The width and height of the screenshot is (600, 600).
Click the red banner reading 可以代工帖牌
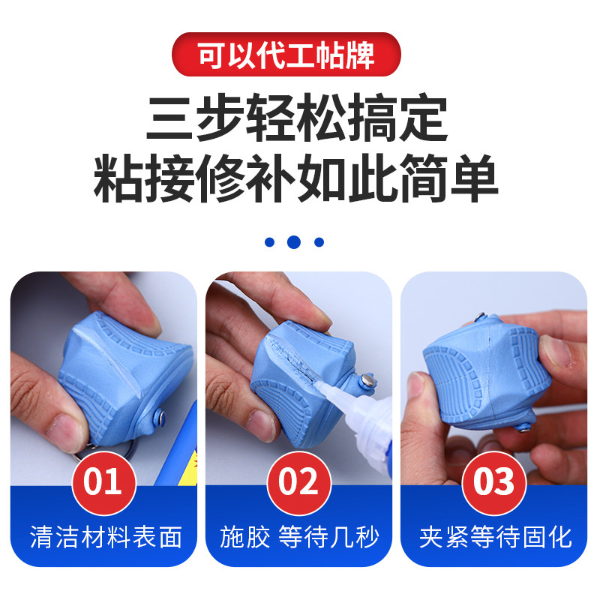coord(286,54)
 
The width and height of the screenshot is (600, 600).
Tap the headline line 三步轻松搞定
coord(297,117)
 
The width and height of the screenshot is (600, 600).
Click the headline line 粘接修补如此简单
coord(295,178)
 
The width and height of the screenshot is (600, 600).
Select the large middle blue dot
coord(293,241)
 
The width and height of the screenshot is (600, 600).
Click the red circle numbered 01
coord(103,483)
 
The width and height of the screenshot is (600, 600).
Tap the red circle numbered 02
coord(298,483)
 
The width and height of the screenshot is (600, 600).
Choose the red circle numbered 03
coord(494,483)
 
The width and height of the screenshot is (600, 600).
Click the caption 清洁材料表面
coord(106,537)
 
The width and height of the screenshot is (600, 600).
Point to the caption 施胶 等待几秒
coord(299,537)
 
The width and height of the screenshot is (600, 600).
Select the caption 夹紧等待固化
coord(496,537)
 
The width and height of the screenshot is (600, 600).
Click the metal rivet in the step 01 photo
coord(160,416)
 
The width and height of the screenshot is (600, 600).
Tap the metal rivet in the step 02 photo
coord(367,381)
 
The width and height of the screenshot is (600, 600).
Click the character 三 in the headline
coord(169,118)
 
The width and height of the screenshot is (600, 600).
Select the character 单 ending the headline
coord(475,178)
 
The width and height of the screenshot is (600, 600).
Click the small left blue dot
coord(269,241)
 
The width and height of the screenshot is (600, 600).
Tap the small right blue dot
coord(319,241)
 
